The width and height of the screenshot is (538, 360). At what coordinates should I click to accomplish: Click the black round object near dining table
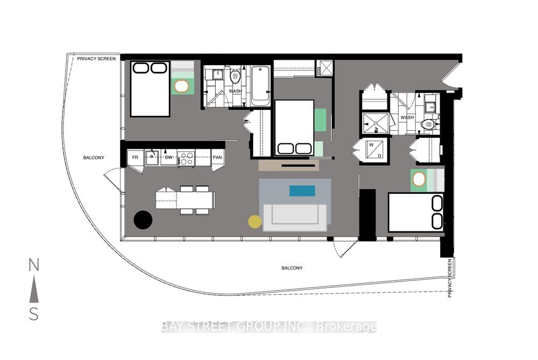click(143, 220)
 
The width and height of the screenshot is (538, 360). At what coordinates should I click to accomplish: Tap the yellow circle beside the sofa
click(254, 221)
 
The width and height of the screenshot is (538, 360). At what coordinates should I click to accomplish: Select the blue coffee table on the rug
click(302, 190)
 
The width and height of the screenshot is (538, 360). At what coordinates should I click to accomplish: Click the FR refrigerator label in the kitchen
click(136, 158)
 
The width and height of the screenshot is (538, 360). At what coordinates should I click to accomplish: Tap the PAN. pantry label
click(218, 158)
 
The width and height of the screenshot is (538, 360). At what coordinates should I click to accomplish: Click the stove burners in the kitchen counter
click(187, 158)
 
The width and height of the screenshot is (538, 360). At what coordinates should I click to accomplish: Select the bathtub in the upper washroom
click(260, 86)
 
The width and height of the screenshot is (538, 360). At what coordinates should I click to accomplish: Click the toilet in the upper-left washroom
click(235, 78)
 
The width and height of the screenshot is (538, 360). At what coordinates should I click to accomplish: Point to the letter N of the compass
click(34, 265)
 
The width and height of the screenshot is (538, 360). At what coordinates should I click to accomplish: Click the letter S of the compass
click(34, 314)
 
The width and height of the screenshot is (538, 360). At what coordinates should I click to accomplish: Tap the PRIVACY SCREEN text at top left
click(96, 59)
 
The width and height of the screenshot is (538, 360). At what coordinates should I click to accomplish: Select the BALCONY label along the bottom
click(292, 268)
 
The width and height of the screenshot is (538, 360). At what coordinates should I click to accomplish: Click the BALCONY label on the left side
click(94, 158)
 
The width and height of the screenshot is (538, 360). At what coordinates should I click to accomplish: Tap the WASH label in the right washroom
click(407, 117)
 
